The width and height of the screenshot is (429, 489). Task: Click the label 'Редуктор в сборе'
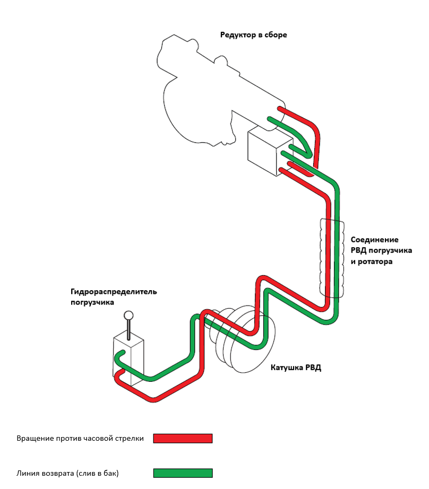(254, 34)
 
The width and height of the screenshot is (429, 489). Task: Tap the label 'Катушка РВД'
(296, 368)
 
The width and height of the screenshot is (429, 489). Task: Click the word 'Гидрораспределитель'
(114, 292)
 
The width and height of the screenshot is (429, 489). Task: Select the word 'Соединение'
(374, 240)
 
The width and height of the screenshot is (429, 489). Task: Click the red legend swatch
(183, 438)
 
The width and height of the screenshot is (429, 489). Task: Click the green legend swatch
(183, 473)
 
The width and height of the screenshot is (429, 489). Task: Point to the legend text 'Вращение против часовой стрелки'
(80, 438)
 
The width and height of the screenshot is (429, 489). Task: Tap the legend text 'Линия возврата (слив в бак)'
(67, 473)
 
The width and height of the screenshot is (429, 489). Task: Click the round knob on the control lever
(128, 315)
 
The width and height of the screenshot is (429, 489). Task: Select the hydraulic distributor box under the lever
(128, 360)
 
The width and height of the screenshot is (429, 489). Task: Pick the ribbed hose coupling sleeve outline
(332, 258)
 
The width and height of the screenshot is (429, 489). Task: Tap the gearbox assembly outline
(220, 91)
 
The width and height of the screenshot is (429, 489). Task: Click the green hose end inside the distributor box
(123, 352)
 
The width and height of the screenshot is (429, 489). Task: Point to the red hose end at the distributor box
(122, 371)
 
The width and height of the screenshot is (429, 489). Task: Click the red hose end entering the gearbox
(279, 109)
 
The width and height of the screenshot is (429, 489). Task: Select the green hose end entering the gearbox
(270, 119)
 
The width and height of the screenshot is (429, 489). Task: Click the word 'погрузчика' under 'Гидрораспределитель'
(92, 302)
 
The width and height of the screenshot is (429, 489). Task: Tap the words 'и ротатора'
(371, 261)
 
